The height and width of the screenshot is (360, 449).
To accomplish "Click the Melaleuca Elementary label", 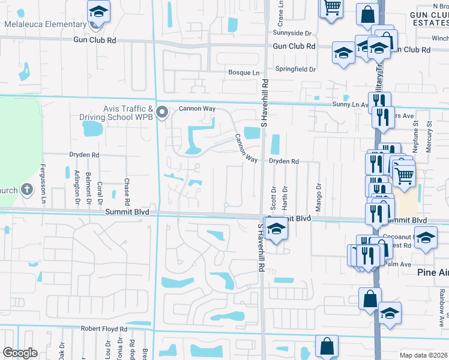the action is pyautogui.click(x=46, y=24).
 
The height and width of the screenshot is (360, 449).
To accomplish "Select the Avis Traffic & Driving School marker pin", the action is pyautogui.click(x=161, y=112).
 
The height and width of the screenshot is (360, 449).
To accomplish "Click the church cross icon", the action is pyautogui.click(x=26, y=190).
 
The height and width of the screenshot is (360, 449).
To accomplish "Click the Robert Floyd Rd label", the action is pyautogui.click(x=104, y=329).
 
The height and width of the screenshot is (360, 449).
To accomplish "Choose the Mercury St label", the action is pyautogui.click(x=429, y=137).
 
